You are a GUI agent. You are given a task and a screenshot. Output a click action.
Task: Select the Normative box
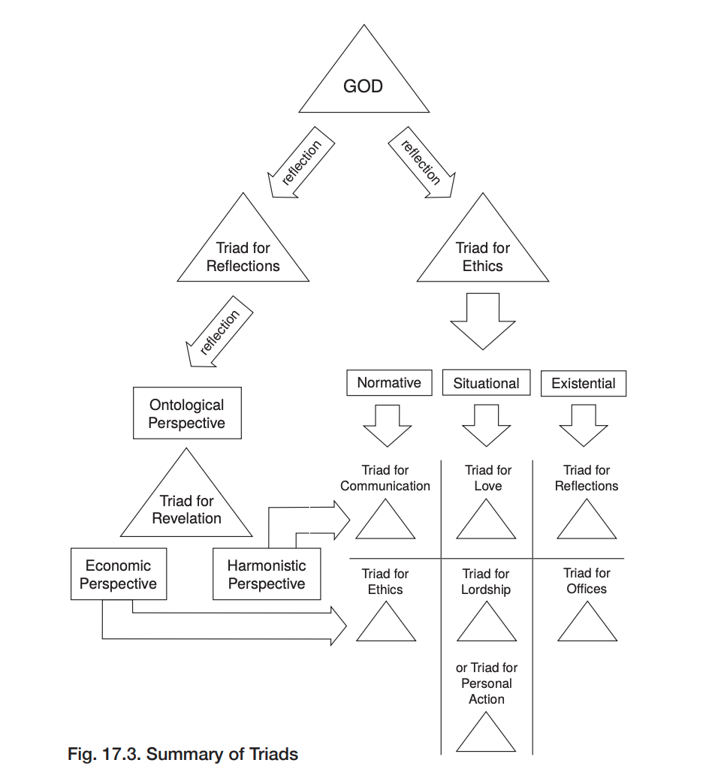click(389, 382)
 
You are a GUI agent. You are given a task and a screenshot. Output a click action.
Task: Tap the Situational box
click(486, 382)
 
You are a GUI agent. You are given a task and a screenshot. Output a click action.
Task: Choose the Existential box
click(584, 383)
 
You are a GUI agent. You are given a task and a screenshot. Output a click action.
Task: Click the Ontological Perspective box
click(187, 413)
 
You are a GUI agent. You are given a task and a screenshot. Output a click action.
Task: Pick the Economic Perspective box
click(119, 574)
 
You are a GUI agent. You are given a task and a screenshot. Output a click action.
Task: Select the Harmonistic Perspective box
click(267, 574)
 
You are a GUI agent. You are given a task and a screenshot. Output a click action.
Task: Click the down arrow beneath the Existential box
click(584, 426)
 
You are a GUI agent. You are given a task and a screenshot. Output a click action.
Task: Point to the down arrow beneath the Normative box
click(388, 426)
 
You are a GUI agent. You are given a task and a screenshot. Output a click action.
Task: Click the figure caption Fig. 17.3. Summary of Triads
click(183, 754)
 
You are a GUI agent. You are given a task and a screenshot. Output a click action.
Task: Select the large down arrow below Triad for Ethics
click(483, 321)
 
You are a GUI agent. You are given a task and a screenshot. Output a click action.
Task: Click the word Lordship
click(486, 590)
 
